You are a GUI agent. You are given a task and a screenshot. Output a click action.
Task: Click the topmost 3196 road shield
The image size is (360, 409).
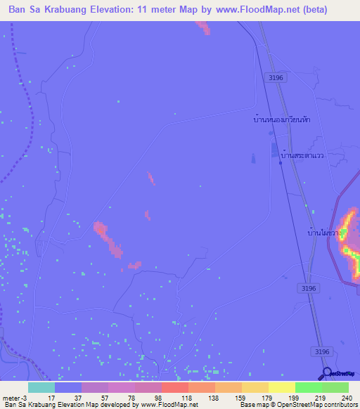coord(275,78)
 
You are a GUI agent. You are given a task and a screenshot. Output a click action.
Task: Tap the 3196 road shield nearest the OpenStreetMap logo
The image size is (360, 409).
coord(321,351)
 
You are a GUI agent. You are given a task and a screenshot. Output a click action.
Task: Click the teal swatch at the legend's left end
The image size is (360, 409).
coord(41,387)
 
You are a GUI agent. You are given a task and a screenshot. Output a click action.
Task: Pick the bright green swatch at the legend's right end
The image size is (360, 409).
coord(335,387)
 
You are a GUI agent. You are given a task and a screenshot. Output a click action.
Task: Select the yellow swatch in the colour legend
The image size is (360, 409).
coord(282,387)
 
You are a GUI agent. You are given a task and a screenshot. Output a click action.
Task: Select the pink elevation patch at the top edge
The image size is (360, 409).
coord(202,26)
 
